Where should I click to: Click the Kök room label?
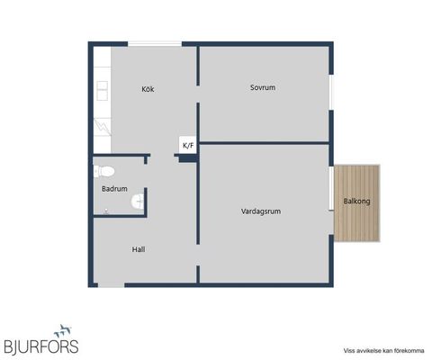click(x=148, y=89)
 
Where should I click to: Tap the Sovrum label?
click(x=262, y=87)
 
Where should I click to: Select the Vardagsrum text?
click(x=261, y=211)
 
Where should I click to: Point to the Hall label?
click(x=139, y=249)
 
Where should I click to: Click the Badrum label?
click(x=114, y=189)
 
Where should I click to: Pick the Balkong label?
click(x=356, y=201)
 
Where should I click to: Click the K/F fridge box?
click(x=188, y=145)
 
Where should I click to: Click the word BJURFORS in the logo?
click(x=41, y=346)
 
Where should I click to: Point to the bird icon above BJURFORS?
click(x=63, y=330)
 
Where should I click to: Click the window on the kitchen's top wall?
click(x=154, y=43)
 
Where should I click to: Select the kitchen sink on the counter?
click(x=102, y=90)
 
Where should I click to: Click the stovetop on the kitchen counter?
click(x=102, y=124)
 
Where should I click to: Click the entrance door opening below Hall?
click(x=111, y=285)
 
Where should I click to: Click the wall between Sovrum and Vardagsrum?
click(x=264, y=142)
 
